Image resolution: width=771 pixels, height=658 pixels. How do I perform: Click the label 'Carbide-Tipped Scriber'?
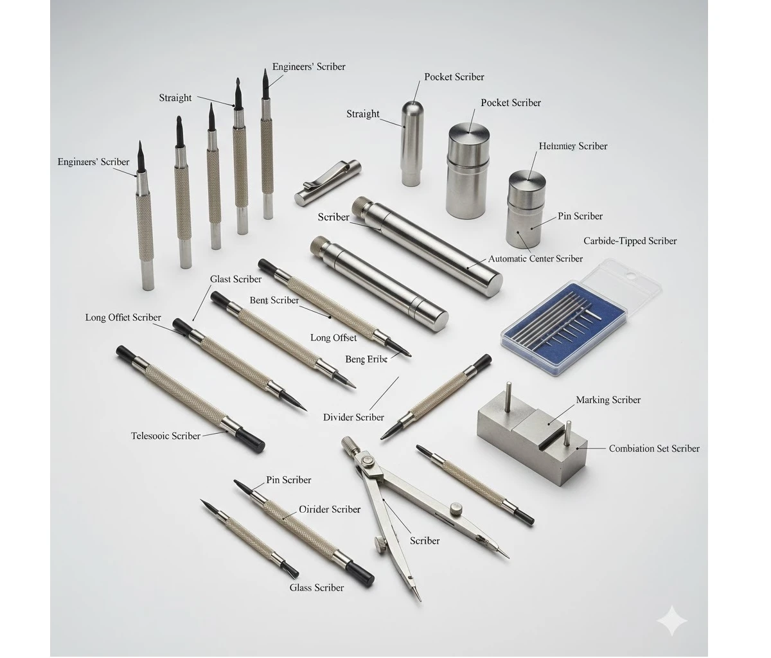point(630,241)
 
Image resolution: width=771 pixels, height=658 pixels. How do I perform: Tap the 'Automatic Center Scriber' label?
point(535,258)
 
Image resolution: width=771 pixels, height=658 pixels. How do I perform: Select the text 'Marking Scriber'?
point(608,400)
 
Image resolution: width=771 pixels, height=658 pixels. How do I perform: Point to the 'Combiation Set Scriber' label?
point(653,449)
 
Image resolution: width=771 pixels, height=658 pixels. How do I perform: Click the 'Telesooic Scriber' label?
point(165,436)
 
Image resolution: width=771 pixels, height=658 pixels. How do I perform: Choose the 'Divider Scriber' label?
point(353,417)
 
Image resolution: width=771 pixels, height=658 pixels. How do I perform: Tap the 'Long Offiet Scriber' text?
point(123,317)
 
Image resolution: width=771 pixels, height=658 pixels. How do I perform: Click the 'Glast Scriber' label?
point(236,279)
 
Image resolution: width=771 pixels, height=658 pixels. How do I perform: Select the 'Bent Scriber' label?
point(274,300)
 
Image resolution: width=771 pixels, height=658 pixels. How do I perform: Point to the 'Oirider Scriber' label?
point(330,509)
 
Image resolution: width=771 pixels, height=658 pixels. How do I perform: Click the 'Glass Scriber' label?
point(316,587)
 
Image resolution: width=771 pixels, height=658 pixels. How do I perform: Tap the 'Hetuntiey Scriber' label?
point(572,146)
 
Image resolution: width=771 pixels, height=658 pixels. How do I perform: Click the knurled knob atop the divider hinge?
point(350,444)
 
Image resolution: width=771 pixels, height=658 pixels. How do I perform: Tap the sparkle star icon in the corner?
point(672,621)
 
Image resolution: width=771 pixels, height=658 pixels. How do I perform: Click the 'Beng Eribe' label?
point(366,359)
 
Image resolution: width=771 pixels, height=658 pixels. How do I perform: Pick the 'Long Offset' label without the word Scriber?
point(333,337)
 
